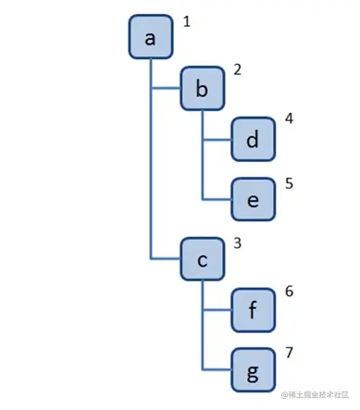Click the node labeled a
coord(150,37)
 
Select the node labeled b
coord(202,88)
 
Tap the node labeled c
coord(202,260)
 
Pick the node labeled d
coord(253,141)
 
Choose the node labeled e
coord(253,199)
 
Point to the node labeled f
coord(253,312)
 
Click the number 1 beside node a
coord(186,20)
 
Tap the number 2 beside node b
coord(237,70)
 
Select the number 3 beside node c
coord(238,243)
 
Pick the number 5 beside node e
coord(289,182)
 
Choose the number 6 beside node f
coord(289,292)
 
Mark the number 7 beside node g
coord(289,354)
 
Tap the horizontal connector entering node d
coord(217,141)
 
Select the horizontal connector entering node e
coord(217,199)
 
